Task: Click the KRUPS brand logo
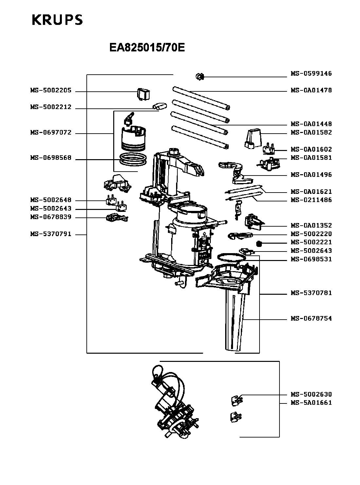(x=57, y=20)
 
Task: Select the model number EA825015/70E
(x=147, y=48)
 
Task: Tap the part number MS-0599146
(x=311, y=74)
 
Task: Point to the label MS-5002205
(x=51, y=91)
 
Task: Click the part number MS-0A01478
(x=311, y=90)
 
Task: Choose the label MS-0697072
(x=51, y=133)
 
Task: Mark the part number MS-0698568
(x=51, y=158)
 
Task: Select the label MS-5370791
(x=51, y=234)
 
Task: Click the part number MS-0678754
(x=311, y=318)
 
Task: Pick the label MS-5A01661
(x=311, y=403)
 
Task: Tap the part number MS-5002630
(x=311, y=394)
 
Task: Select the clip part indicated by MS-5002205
(x=143, y=94)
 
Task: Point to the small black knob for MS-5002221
(x=259, y=243)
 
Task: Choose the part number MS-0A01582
(x=311, y=132)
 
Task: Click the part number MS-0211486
(x=311, y=200)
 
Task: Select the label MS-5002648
(x=51, y=200)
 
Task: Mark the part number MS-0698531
(x=311, y=259)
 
